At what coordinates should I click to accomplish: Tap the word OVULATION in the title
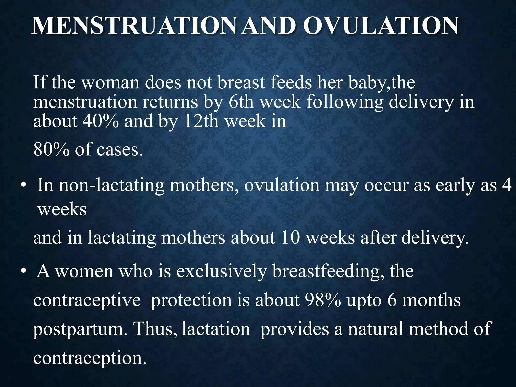381,26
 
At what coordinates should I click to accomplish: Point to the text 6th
241,102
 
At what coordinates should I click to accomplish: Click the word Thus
155,329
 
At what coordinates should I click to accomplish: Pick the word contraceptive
87,301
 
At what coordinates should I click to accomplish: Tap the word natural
375,329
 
